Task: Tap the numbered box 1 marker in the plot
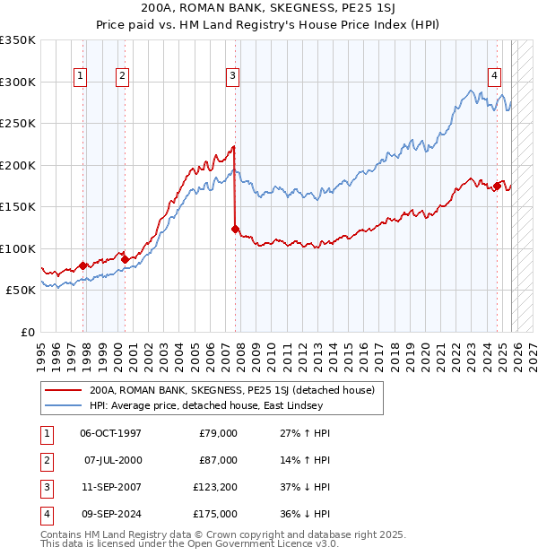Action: pyautogui.click(x=81, y=77)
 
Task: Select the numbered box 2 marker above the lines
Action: pyautogui.click(x=121, y=77)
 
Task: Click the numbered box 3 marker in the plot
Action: pyautogui.click(x=232, y=77)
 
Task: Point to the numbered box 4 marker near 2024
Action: pyautogui.click(x=494, y=77)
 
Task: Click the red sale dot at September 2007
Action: pyautogui.click(x=235, y=230)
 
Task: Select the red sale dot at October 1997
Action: pyautogui.click(x=83, y=265)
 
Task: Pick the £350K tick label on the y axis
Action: pyautogui.click(x=18, y=40)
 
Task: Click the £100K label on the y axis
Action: pyautogui.click(x=18, y=248)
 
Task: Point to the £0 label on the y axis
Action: pyautogui.click(x=27, y=332)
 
